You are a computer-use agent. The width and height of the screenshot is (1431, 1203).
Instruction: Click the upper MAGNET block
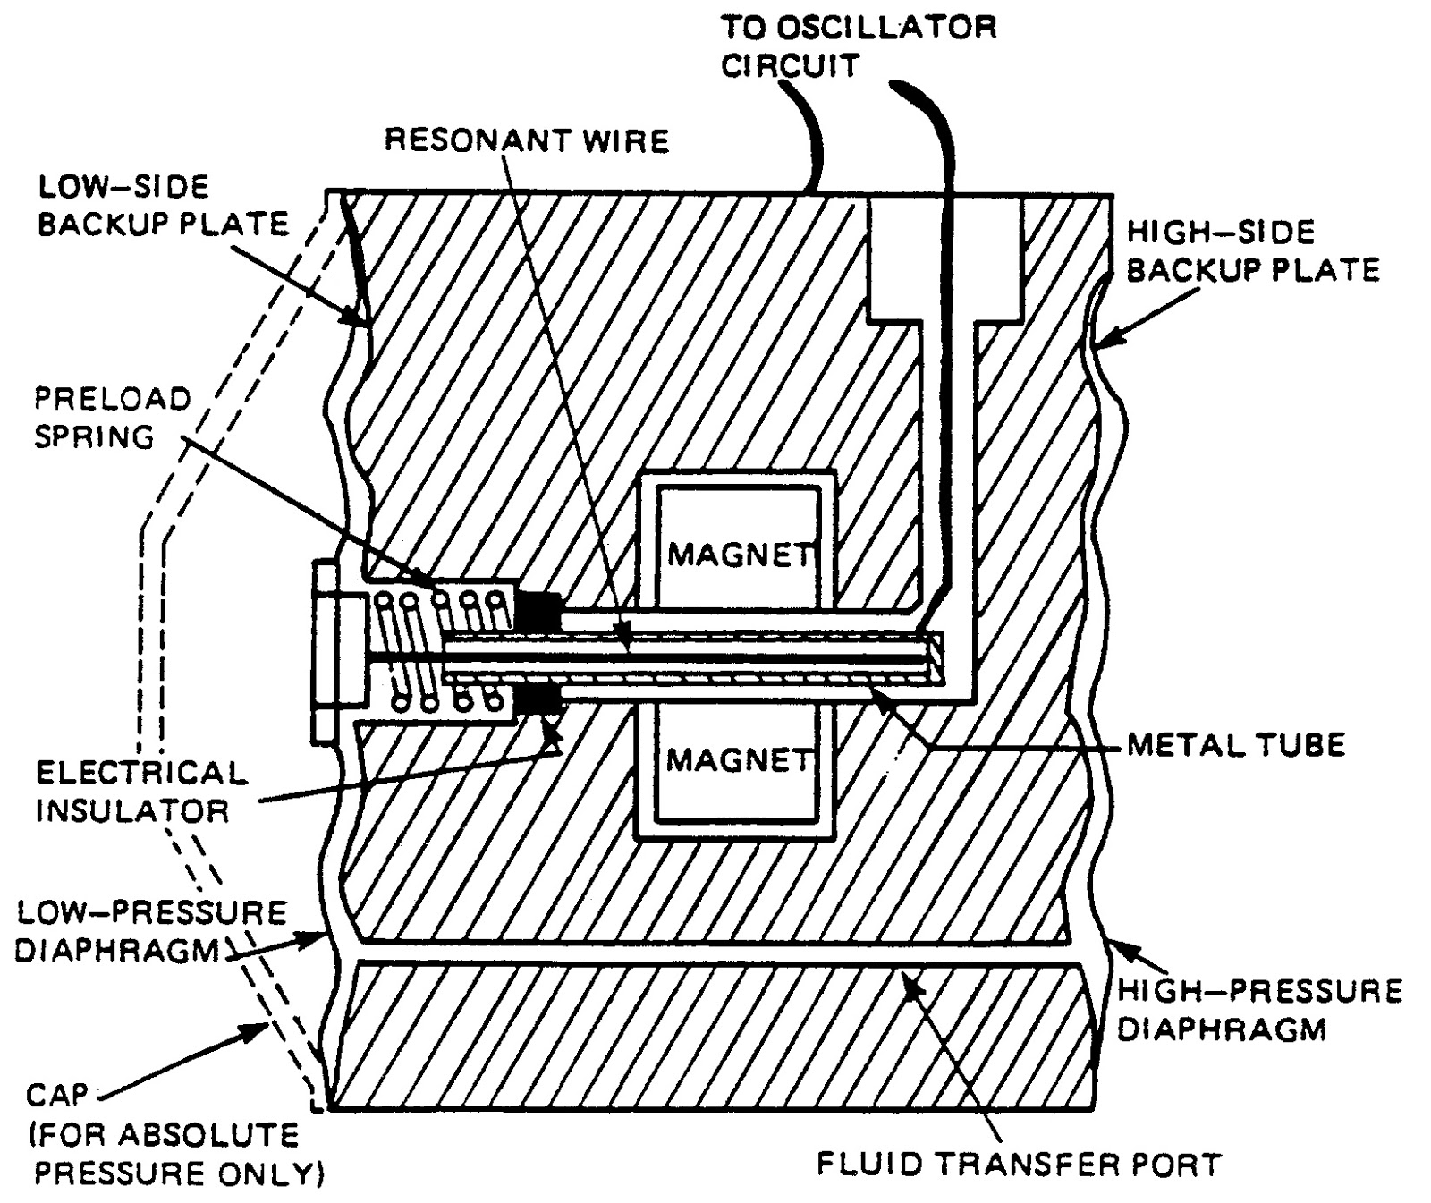[x=739, y=555]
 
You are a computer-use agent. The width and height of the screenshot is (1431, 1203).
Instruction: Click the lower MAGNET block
[x=739, y=760]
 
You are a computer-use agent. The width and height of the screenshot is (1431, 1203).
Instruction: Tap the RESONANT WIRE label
[x=527, y=140]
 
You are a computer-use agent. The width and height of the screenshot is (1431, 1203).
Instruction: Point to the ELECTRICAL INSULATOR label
[x=140, y=792]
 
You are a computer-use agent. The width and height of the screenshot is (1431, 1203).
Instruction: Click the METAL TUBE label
[x=1235, y=744]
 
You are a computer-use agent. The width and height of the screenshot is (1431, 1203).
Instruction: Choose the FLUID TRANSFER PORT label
[x=1019, y=1165]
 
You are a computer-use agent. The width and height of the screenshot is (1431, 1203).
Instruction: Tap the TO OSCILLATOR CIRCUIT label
[x=859, y=47]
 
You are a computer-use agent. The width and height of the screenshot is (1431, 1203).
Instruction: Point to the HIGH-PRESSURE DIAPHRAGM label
[x=1259, y=1010]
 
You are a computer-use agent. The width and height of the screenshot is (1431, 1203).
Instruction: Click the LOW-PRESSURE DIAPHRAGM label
[x=150, y=931]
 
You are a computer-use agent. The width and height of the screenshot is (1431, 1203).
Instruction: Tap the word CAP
[x=57, y=1095]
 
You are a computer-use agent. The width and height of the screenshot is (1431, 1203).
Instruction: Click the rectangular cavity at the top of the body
[x=944, y=259]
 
